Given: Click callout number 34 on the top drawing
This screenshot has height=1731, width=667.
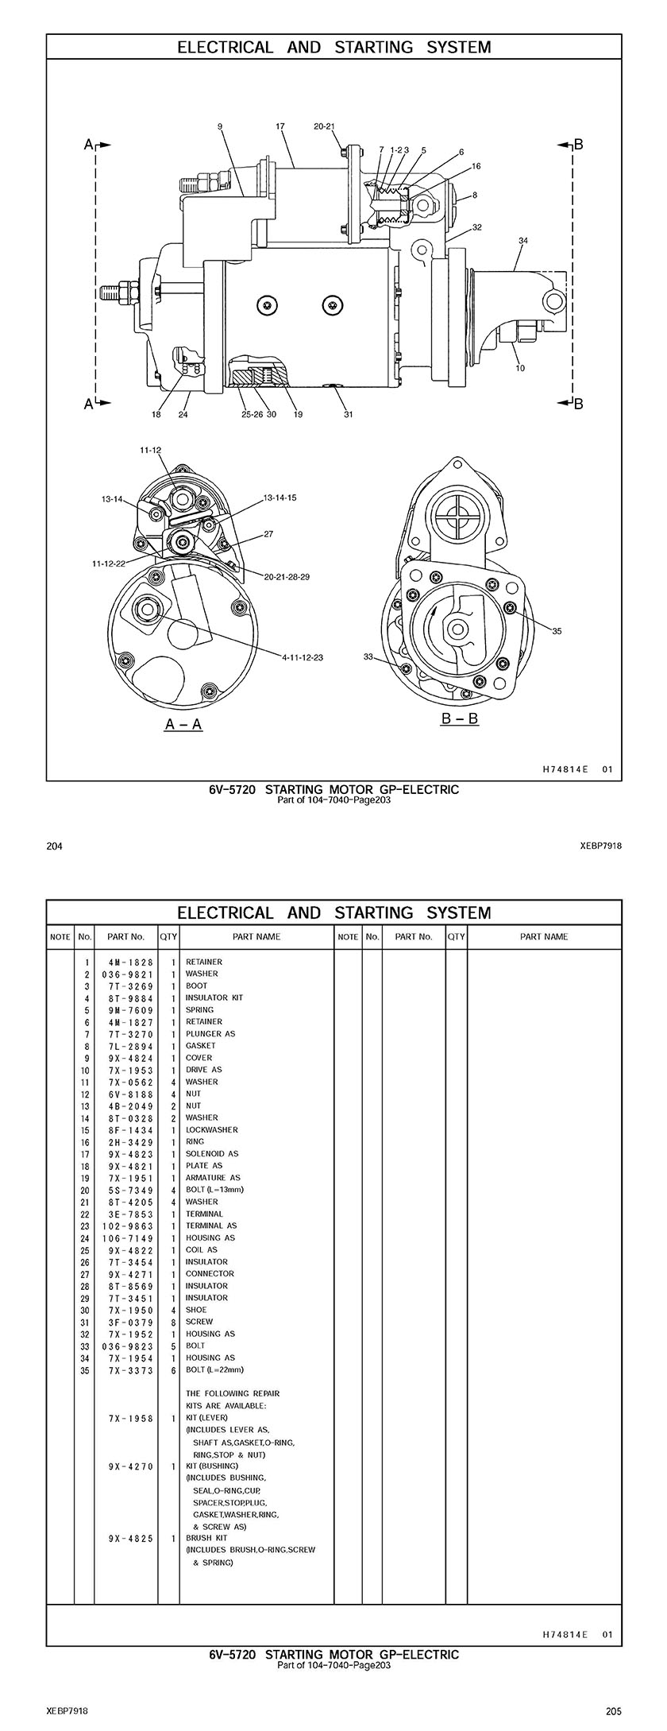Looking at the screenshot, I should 523,240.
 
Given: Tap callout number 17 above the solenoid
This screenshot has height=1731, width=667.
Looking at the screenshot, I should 280,126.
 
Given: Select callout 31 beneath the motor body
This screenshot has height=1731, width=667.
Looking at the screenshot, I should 349,414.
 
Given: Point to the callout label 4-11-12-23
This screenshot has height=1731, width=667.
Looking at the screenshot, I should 303,657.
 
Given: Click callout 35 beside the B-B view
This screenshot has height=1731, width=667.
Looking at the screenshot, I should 557,631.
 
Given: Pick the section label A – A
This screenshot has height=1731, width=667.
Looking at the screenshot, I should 183,724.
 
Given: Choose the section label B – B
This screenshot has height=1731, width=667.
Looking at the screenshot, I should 460,719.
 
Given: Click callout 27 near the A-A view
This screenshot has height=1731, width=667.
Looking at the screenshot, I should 268,534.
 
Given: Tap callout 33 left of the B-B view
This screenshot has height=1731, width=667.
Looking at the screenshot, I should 368,656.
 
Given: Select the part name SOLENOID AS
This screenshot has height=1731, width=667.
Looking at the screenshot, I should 212,1153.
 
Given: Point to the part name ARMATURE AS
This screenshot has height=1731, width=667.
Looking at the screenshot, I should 213,1177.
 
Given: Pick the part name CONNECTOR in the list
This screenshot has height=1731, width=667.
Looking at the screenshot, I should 210,1273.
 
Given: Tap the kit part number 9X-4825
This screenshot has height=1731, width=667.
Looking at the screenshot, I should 131,1538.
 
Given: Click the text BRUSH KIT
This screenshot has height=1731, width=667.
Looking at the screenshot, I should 206,1538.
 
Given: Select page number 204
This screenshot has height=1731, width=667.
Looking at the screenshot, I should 55,846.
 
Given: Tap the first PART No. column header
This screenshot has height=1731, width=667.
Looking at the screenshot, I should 125,936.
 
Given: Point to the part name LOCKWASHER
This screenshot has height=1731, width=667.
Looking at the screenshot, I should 212,1129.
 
